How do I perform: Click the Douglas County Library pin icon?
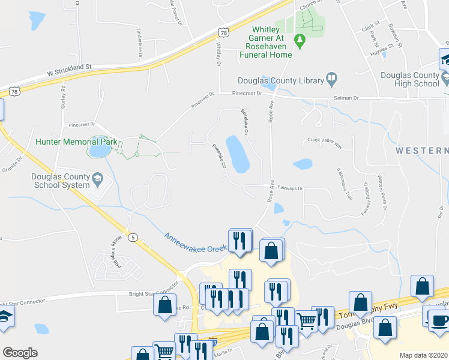[x=331, y=79]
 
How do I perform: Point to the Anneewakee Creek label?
[x=196, y=244]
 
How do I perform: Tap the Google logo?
[x=20, y=352]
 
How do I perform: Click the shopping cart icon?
[x=307, y=322]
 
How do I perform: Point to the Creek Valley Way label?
[x=324, y=142]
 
